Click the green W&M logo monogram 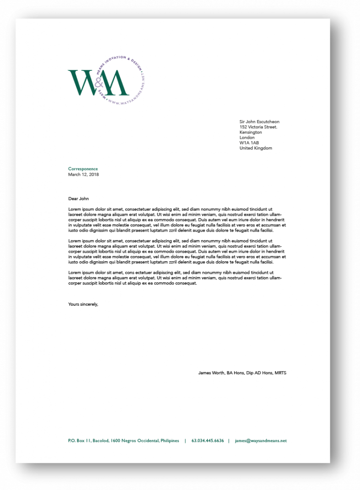coord(98,82)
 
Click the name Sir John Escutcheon coord(259,122)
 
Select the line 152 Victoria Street coord(259,127)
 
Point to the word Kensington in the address coord(251,133)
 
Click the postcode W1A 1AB coord(249,143)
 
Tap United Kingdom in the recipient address coord(256,148)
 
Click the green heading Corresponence coord(83,169)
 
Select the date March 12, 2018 coord(84,174)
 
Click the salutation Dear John coord(79,198)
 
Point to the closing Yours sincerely coord(83,304)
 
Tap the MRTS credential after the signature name coord(280,373)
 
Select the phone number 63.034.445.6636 coord(208,441)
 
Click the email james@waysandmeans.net coord(261,441)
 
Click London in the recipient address coord(247,138)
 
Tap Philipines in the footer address coord(169,441)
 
